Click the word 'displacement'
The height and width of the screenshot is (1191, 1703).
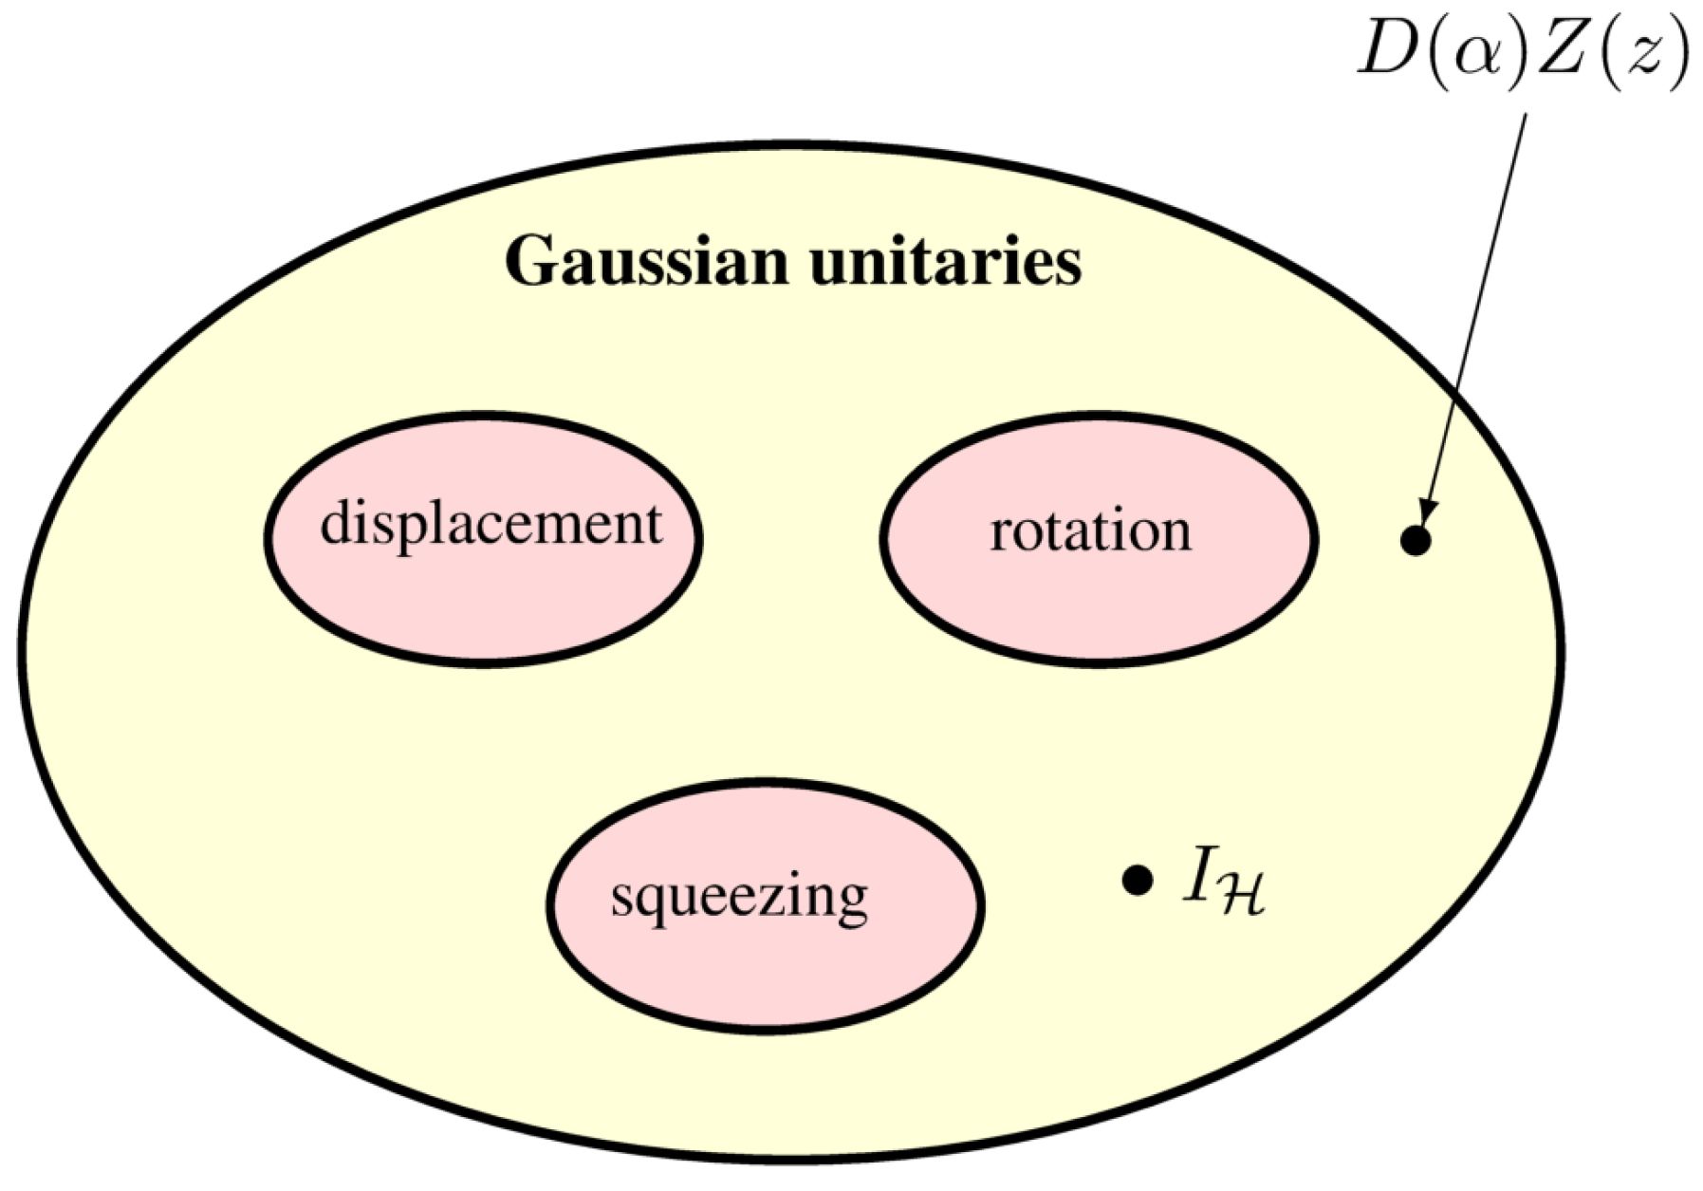(491, 525)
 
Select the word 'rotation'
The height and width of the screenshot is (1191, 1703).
(1090, 531)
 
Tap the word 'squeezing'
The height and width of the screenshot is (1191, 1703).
(739, 896)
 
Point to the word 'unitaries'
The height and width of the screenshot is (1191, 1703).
(945, 262)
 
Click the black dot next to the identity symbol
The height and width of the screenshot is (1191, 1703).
(1137, 880)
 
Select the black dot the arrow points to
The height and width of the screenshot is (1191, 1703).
(1415, 541)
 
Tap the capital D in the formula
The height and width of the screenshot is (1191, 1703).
(1387, 52)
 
